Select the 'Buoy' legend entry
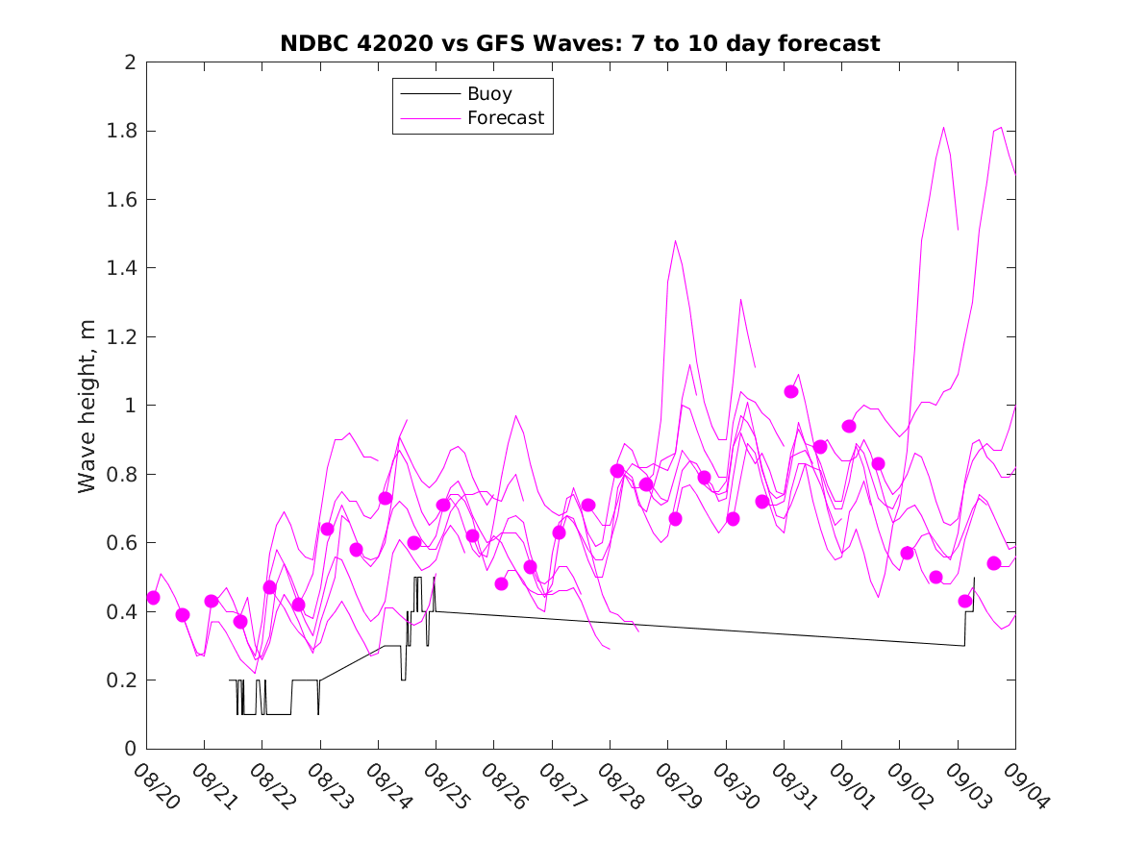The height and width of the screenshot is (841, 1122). tap(489, 94)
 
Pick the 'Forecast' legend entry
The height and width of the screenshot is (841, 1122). tap(505, 118)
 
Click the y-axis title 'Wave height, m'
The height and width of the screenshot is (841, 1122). tap(87, 405)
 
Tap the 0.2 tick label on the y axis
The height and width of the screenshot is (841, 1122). tap(122, 680)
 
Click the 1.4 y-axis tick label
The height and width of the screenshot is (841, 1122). tap(122, 268)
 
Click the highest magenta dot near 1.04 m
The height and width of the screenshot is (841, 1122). tap(791, 391)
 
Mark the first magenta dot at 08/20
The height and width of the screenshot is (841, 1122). tap(153, 598)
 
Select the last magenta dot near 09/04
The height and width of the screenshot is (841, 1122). tap(994, 563)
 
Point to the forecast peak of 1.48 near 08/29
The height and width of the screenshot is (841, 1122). tap(675, 240)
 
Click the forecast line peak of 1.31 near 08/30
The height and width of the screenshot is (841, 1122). tap(740, 299)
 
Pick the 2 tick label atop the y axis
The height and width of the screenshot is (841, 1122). tap(129, 62)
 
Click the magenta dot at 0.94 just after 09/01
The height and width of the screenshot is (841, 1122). tap(849, 426)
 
